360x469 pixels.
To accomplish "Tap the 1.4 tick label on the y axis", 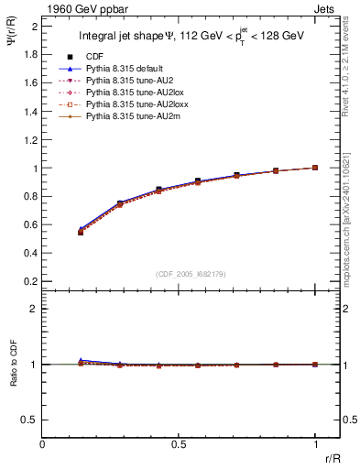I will pyautogui.click(x=31, y=111).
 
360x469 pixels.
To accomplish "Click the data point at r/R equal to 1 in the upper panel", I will pyautogui.click(x=315, y=168).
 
